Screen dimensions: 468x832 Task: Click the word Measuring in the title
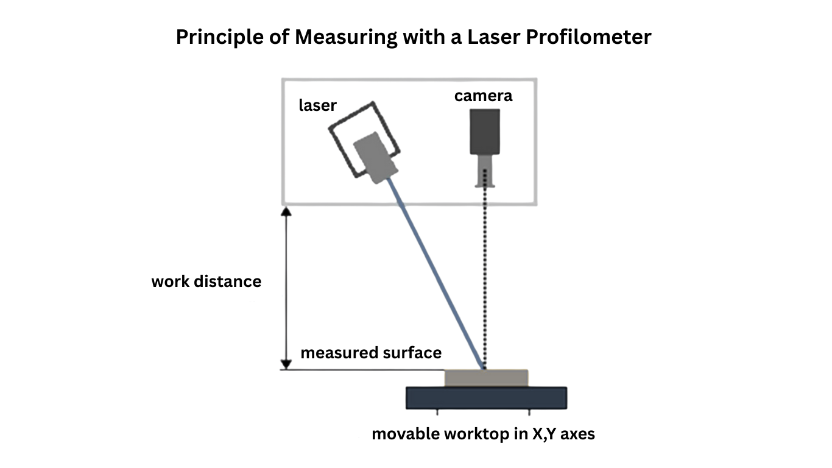[x=345, y=37]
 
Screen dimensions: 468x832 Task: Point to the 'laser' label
[x=317, y=105]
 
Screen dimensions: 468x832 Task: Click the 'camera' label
[x=483, y=96]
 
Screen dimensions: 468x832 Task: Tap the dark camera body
[x=485, y=132]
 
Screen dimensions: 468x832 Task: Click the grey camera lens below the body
[x=485, y=169]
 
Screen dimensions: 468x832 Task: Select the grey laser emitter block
[x=375, y=157]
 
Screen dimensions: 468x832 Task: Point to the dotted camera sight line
[x=485, y=274]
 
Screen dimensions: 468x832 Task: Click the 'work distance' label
[x=206, y=282]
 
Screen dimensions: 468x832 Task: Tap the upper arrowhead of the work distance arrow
[x=286, y=211]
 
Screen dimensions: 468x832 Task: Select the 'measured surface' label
[x=371, y=353]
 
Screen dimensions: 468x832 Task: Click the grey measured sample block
[x=486, y=378]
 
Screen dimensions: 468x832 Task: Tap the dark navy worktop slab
[x=486, y=397]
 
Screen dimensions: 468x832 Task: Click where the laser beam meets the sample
[x=484, y=368]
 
